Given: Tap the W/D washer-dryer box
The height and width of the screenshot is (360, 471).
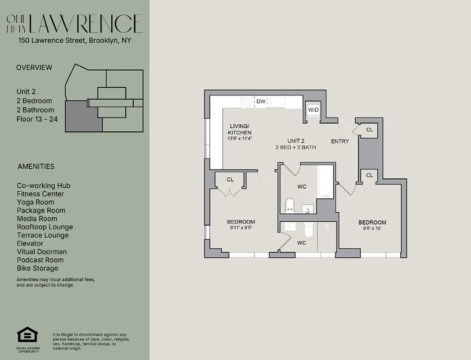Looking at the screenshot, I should click(313, 110).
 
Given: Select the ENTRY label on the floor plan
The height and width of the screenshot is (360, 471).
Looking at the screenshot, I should click(340, 141).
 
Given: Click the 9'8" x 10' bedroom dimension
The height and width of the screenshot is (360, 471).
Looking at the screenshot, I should click(372, 229).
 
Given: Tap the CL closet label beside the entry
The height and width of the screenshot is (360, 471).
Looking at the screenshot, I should click(370, 130).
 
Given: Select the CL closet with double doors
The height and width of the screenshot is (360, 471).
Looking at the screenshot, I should click(230, 180).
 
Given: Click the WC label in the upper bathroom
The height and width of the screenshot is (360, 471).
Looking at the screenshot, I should click(302, 186).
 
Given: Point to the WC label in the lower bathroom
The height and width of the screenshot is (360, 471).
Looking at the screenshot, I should click(302, 243).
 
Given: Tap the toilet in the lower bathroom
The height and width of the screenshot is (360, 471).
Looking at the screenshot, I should click(309, 230).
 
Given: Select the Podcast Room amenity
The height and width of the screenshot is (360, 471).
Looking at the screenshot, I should click(40, 260).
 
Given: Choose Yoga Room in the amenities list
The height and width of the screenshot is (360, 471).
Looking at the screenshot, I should click(35, 202).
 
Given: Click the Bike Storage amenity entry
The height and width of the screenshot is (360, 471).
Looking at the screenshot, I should click(37, 268).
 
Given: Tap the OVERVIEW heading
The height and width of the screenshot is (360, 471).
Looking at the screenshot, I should click(34, 67).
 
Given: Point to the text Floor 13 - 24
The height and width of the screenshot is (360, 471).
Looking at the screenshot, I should click(37, 119).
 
